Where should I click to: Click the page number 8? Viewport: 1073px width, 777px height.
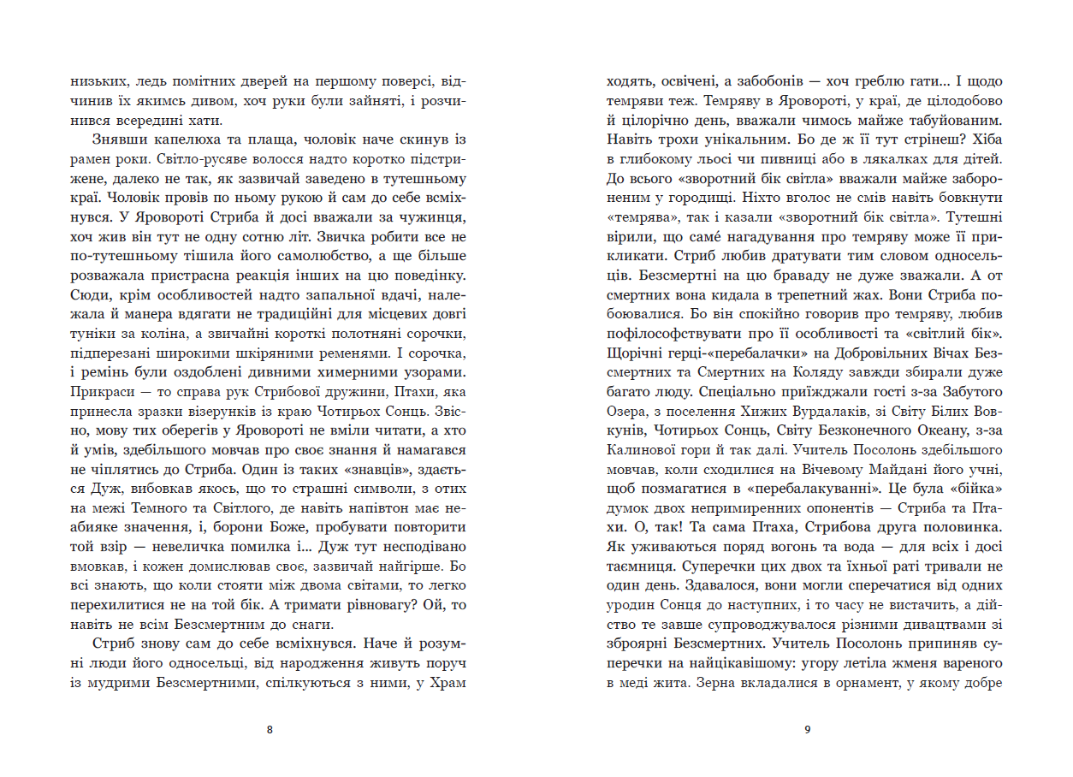pos(270,729)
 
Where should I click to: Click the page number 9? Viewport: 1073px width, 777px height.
pos(808,729)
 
